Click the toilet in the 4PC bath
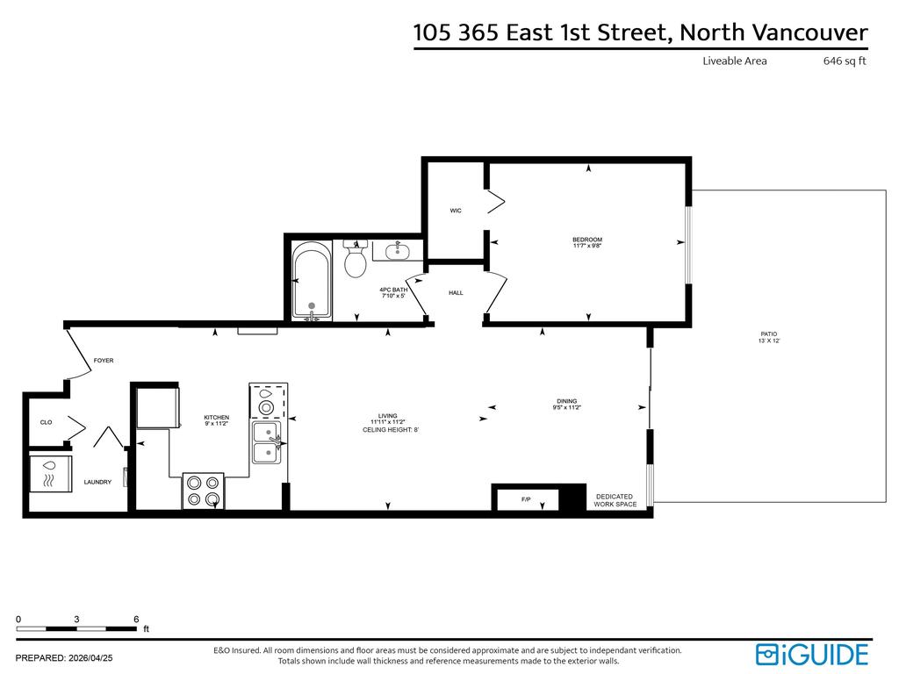pos(356,261)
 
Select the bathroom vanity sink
pos(398,252)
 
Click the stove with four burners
pos(203,491)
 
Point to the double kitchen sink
pos(266,441)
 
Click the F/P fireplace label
pos(526,499)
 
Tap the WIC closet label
pos(456,211)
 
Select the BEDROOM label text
pos(587,240)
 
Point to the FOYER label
pos(104,361)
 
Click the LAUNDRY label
pos(97,482)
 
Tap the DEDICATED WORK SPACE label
pos(615,500)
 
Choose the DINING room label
pos(566,402)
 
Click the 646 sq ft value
pos(845,61)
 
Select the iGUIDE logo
pos(811,654)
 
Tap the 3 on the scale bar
pos(77,619)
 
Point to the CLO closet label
pos(46,422)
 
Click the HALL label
pos(456,293)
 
